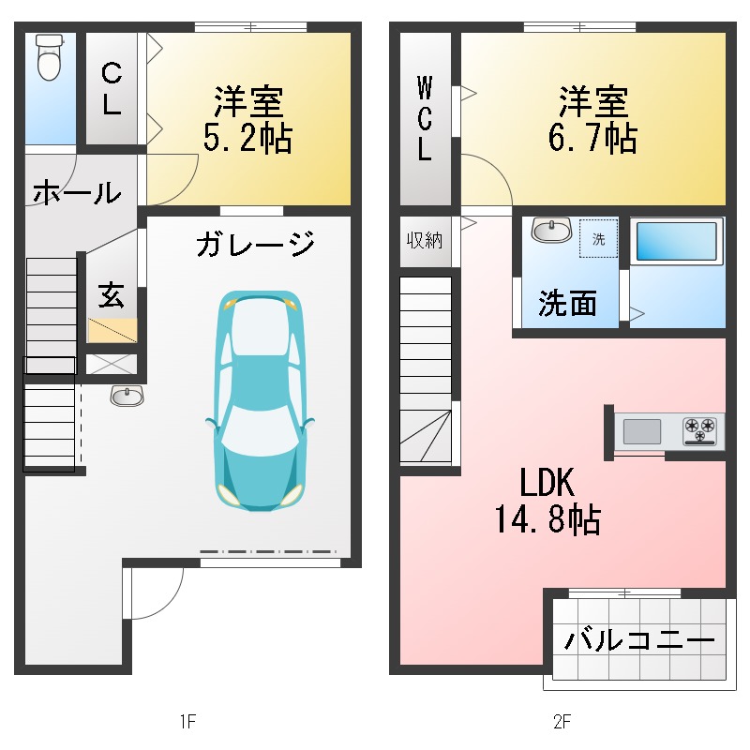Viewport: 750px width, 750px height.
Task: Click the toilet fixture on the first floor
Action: (50, 57)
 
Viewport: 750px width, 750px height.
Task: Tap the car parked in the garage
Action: (260, 401)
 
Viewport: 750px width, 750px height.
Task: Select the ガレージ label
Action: (255, 244)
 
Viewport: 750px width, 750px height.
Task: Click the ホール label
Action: (77, 192)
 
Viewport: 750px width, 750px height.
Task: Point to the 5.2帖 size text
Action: (247, 138)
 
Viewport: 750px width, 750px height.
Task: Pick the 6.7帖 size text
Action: (592, 138)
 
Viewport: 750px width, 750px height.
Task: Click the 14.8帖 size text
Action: (547, 519)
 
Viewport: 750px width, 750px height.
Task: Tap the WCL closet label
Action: (425, 118)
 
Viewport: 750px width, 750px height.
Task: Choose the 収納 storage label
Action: (425, 240)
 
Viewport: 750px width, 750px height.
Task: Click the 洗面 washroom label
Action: (567, 303)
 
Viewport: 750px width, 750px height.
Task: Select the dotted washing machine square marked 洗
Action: (598, 238)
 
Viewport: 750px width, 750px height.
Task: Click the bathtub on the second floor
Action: (676, 241)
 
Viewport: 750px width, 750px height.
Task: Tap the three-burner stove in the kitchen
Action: (699, 429)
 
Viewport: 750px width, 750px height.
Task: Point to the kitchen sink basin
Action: (642, 431)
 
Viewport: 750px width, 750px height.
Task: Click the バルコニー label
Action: (639, 640)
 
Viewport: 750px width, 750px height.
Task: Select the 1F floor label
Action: (188, 721)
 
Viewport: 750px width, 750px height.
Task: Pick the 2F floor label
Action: (562, 721)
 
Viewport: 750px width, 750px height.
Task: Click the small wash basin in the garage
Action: (127, 396)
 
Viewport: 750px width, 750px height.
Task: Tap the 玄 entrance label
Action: (111, 295)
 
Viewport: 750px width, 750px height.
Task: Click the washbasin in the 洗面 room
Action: (551, 230)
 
